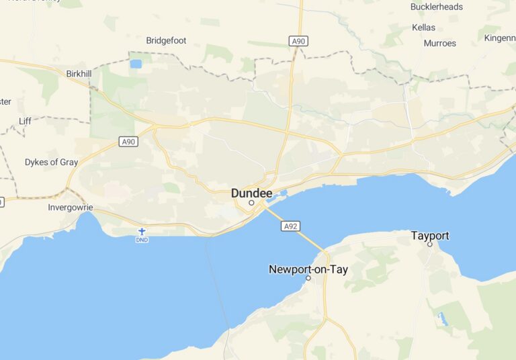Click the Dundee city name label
(x=252, y=193)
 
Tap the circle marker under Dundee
(x=252, y=202)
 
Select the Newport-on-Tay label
(x=308, y=269)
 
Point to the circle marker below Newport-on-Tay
(x=308, y=278)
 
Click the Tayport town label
(x=430, y=236)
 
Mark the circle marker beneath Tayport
(x=430, y=244)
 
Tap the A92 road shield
(x=290, y=226)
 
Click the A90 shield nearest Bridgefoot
(x=299, y=42)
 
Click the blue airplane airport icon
(x=142, y=231)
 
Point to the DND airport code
(x=142, y=239)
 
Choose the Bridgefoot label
(x=166, y=40)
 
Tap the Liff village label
(x=25, y=121)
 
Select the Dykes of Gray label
(x=51, y=162)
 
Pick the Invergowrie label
(x=71, y=208)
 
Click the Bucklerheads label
(x=436, y=7)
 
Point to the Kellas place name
(x=424, y=28)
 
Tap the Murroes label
(x=439, y=43)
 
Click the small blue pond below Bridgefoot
(x=136, y=64)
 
